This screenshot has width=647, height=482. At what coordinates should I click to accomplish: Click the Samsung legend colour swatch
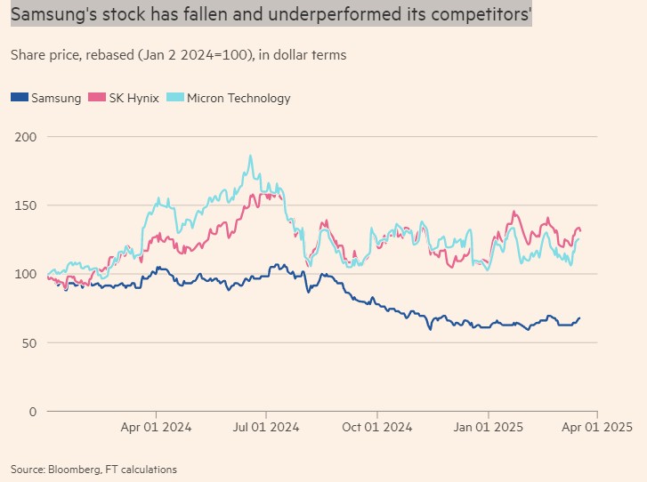pyautogui.click(x=20, y=98)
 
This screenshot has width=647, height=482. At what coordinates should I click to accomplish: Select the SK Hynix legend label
pyautogui.click(x=136, y=98)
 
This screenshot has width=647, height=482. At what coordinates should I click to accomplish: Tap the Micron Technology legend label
pyautogui.click(x=239, y=98)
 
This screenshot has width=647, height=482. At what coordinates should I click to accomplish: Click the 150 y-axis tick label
pyautogui.click(x=25, y=205)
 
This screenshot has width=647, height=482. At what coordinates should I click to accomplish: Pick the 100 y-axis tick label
pyautogui.click(x=25, y=274)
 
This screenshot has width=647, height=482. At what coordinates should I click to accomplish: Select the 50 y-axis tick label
pyautogui.click(x=28, y=342)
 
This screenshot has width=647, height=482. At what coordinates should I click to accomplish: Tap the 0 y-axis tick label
pyautogui.click(x=32, y=411)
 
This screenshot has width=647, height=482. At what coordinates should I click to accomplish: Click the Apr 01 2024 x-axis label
pyautogui.click(x=157, y=427)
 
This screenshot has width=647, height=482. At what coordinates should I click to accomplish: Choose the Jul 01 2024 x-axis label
pyautogui.click(x=267, y=427)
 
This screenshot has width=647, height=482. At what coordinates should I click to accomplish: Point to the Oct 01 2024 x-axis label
pyautogui.click(x=376, y=427)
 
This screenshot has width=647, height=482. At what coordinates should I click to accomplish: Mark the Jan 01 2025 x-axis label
pyautogui.click(x=488, y=427)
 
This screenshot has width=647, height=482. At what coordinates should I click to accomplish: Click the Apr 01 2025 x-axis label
pyautogui.click(x=596, y=427)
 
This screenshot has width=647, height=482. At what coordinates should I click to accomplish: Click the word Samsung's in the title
pyautogui.click(x=52, y=14)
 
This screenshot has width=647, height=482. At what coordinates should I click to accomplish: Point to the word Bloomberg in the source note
pyautogui.click(x=73, y=469)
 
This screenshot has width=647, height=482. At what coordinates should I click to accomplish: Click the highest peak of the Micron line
pyautogui.click(x=250, y=157)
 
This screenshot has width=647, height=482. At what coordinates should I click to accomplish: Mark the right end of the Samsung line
pyautogui.click(x=580, y=317)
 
